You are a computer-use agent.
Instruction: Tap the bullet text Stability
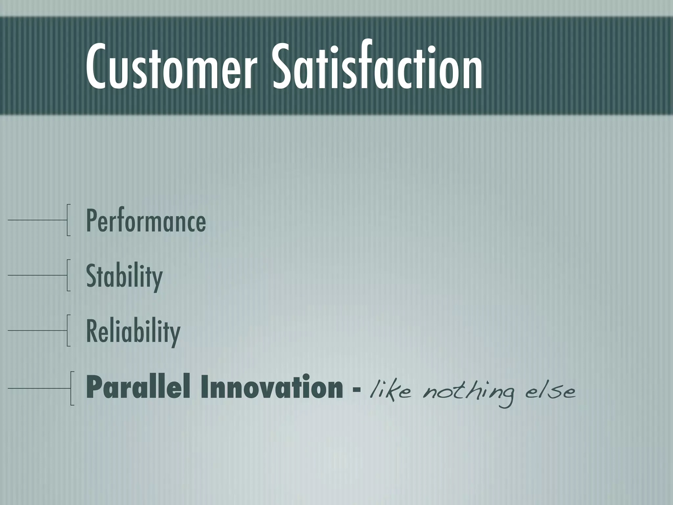click(x=124, y=277)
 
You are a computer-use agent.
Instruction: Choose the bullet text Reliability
click(x=133, y=332)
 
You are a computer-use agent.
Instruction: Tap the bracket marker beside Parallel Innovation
click(x=71, y=388)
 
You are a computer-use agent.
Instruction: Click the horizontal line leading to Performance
click(x=36, y=220)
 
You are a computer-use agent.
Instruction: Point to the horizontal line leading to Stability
click(x=36, y=275)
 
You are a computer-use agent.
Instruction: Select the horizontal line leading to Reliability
click(x=36, y=331)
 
